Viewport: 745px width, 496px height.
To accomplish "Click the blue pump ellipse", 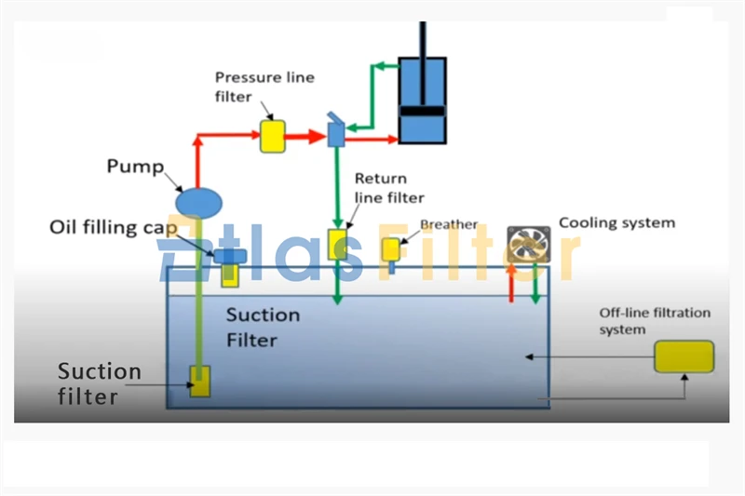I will [x=198, y=200].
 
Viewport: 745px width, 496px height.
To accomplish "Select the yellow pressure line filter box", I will [x=271, y=136].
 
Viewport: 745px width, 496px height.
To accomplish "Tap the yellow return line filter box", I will [x=337, y=244].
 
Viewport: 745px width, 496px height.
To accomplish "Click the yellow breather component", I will [x=392, y=248].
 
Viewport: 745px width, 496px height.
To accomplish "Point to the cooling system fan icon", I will [x=527, y=245].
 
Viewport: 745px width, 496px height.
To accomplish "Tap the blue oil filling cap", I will [x=227, y=255].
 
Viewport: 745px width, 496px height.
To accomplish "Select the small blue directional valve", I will [x=336, y=131].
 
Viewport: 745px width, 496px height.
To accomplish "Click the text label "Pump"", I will [x=134, y=168].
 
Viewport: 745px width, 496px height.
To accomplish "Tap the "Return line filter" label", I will [x=388, y=188].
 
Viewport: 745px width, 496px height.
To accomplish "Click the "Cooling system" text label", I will [x=616, y=223].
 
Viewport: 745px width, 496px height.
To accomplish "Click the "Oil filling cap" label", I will [x=117, y=228].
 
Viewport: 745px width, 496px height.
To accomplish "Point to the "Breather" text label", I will [x=449, y=225].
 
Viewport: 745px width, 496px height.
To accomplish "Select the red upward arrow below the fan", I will [x=511, y=283].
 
